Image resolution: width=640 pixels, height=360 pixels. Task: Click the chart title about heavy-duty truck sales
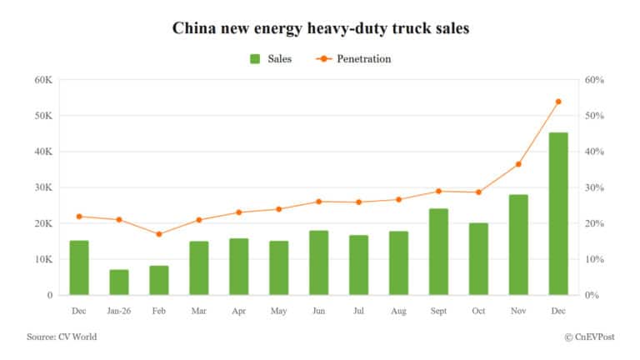point(321,28)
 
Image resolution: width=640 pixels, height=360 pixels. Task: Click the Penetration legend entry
point(353,59)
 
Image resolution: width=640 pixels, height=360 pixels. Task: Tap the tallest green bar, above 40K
point(557,213)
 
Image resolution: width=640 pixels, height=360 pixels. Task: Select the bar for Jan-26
point(119,282)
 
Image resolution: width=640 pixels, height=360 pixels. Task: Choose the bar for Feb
point(159,280)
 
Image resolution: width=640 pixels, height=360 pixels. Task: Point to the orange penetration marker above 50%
point(558,102)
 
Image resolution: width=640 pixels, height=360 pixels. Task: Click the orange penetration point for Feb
point(159,234)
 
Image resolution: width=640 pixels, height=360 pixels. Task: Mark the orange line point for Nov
point(518,164)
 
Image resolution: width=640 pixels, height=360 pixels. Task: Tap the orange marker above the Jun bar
point(318,202)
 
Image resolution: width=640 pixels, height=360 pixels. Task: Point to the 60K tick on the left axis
point(43,80)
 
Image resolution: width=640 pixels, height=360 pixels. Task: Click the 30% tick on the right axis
point(594,187)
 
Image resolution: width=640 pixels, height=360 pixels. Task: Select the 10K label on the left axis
point(43,259)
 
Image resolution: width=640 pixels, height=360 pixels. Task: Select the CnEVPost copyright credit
point(592,337)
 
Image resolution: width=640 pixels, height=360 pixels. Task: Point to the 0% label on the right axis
point(591,295)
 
